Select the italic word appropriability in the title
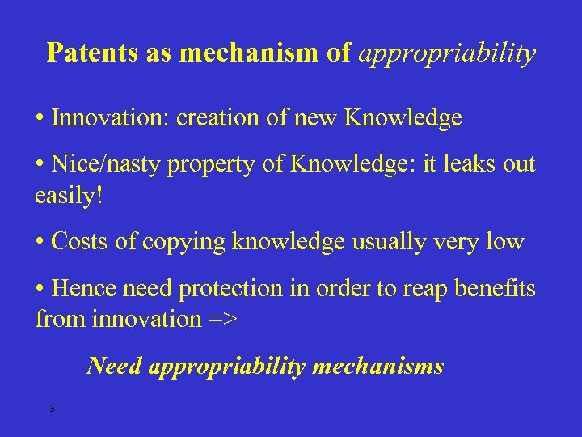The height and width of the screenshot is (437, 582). pos(447,53)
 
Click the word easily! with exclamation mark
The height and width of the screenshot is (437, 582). pos(70,197)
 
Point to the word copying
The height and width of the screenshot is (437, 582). pos(181,243)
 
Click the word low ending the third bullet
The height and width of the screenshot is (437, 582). pos(505,242)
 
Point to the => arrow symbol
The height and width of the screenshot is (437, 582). pos(221,320)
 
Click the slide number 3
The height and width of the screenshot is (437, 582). pos(52,409)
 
